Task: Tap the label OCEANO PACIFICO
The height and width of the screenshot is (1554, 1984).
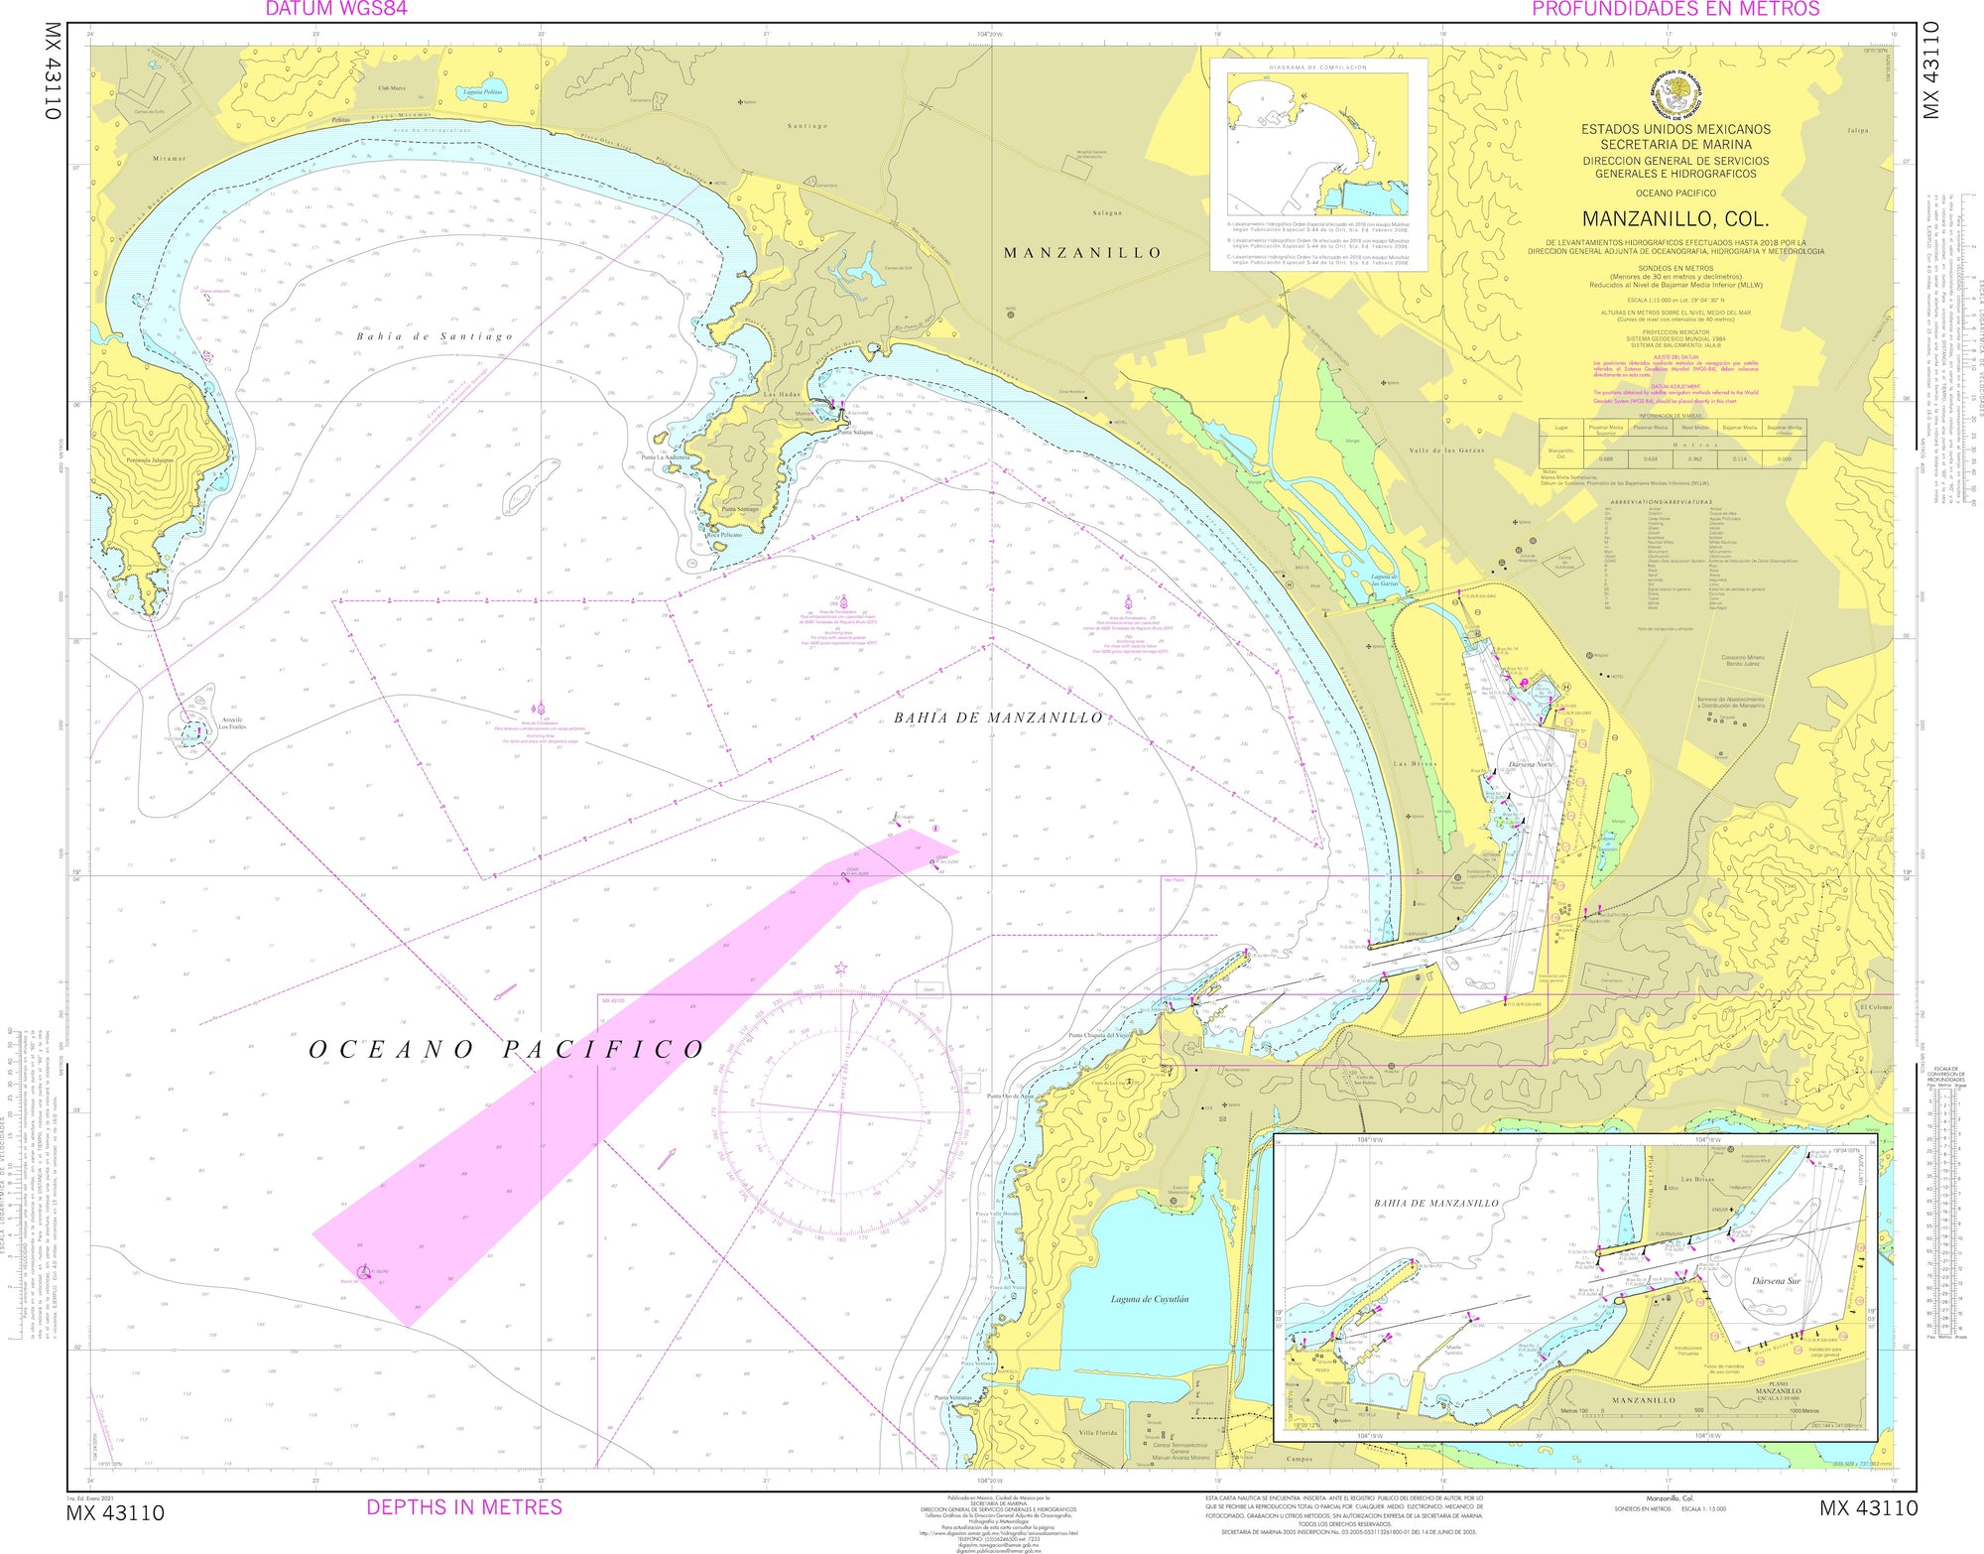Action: coord(506,1050)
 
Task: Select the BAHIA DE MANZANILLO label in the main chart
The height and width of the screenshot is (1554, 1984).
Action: coord(997,717)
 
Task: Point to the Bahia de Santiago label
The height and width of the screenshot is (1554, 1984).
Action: coord(434,336)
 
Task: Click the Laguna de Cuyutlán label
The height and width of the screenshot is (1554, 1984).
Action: coord(1150,1298)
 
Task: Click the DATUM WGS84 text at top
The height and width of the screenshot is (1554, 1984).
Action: coord(335,9)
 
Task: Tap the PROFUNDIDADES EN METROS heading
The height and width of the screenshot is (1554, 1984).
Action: coord(1675,9)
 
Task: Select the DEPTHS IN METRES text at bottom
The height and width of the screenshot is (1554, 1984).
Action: coord(464,1506)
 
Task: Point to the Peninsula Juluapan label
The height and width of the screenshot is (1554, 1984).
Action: coord(149,460)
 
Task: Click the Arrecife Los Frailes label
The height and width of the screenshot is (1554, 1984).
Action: coord(231,723)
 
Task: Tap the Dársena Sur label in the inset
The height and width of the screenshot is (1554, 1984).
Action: coord(1775,1281)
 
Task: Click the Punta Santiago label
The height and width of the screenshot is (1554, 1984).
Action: coord(740,509)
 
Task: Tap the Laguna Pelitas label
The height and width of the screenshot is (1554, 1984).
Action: coord(483,92)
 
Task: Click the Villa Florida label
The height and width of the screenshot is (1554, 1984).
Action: coord(1098,1433)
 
